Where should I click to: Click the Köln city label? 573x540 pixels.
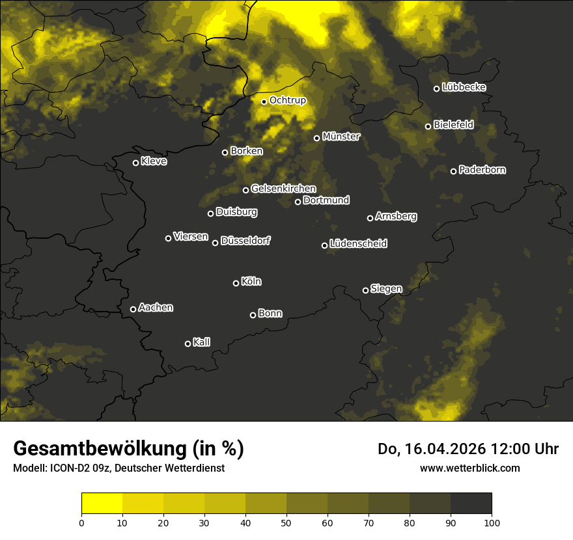coord(251,282)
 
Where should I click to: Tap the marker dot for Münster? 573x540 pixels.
coord(317,138)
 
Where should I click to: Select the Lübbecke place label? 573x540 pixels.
coord(464,87)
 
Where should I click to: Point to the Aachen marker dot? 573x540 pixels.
coord(133,309)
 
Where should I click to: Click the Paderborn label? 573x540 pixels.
coord(482,170)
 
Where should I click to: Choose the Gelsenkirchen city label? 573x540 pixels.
coord(283,189)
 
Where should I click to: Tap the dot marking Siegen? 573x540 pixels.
coord(365,290)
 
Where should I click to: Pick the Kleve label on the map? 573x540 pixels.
coord(154,161)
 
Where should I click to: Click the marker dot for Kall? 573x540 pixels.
coord(188,344)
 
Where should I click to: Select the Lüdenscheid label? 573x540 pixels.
coord(358,243)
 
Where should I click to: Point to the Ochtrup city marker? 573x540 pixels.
coord(264,101)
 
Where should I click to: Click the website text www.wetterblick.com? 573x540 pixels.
coord(469,468)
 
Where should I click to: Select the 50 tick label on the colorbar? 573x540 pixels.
coord(286,522)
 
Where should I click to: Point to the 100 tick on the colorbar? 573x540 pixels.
coord(492,522)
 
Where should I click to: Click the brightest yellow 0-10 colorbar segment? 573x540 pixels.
coord(102,504)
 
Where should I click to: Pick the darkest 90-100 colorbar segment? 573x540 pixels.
coord(471,504)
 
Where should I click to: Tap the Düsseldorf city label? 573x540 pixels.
coord(245,241)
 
